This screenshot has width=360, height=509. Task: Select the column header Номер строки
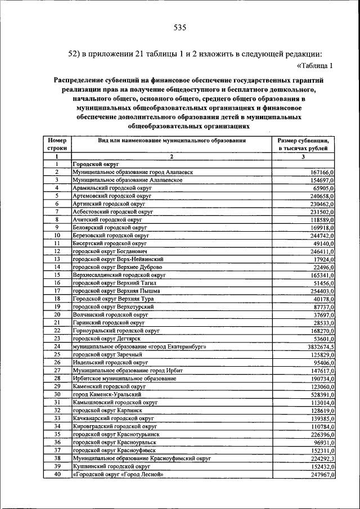click(57, 143)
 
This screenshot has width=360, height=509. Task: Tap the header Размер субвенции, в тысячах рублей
click(303, 143)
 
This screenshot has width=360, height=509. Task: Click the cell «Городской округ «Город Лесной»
click(118, 475)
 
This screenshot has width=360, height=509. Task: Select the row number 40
click(57, 475)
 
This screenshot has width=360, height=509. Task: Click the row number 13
click(57, 259)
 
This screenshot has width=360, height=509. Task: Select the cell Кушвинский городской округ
click(111, 467)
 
